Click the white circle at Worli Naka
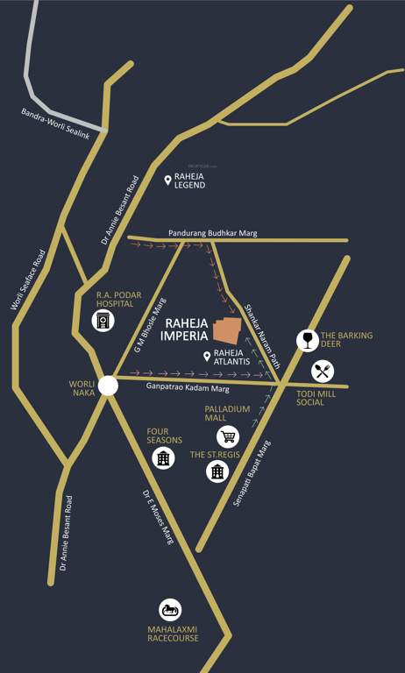[x=107, y=386]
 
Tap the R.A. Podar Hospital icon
[x=103, y=321]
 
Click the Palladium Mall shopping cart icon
[x=228, y=436]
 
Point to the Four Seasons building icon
[x=162, y=457]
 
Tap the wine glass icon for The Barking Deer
[x=307, y=339]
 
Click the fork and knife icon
[x=323, y=371]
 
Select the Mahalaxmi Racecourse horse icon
[x=170, y=611]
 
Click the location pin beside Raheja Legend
[x=167, y=180]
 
